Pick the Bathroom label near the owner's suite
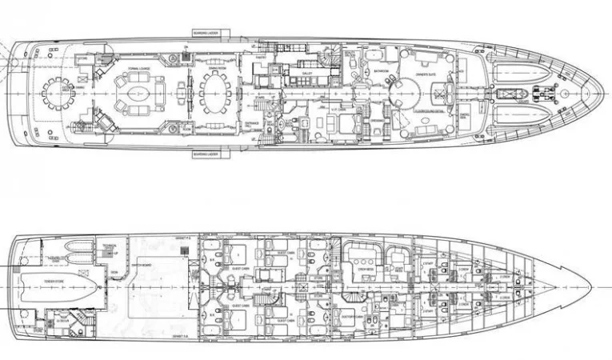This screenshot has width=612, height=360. click(x=381, y=71)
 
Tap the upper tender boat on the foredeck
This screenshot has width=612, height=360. click(x=519, y=74)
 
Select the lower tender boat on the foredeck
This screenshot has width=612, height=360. click(x=519, y=114)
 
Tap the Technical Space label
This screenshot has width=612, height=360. click(x=110, y=243)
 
